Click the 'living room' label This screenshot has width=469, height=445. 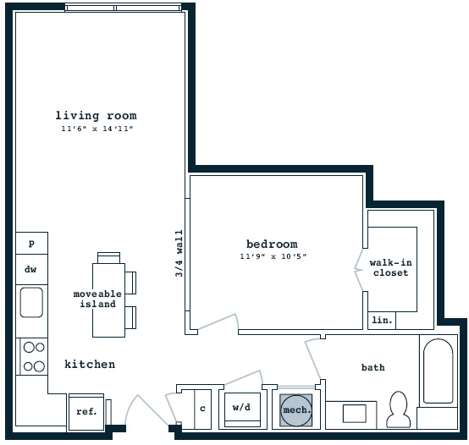[96, 115]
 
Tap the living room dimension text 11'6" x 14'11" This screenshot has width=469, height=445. [97, 129]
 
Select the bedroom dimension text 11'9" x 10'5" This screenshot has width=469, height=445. [273, 256]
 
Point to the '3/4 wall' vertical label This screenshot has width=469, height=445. [179, 254]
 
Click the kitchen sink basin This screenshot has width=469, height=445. [31, 302]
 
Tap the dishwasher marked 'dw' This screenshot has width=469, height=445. [31, 269]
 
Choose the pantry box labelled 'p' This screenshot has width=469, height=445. [31, 243]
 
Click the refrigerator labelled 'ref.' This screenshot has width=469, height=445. [86, 412]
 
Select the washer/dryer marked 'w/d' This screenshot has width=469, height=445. [242, 409]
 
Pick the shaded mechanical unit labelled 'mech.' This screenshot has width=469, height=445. [296, 410]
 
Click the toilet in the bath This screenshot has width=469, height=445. [399, 410]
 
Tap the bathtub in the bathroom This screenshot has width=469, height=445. [439, 371]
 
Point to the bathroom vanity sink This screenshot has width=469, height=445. [355, 414]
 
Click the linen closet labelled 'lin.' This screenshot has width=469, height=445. [382, 321]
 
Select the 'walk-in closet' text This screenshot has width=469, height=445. [390, 268]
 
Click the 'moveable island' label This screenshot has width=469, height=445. [97, 299]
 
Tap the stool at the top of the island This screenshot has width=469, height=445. [109, 258]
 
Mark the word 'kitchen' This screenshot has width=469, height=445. [90, 364]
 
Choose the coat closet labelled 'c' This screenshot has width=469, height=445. [203, 409]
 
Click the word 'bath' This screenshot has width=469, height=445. [373, 367]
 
